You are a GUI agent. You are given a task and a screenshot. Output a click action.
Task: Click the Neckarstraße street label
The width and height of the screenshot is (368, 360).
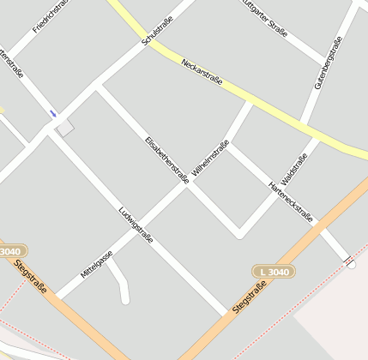[x=202, y=72]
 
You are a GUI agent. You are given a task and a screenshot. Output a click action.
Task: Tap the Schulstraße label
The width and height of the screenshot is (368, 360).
[x=157, y=30]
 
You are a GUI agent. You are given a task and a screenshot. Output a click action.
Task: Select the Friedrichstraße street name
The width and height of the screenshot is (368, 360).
[x=50, y=17]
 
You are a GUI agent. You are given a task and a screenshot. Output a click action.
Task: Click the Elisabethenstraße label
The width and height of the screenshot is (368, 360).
[x=166, y=159]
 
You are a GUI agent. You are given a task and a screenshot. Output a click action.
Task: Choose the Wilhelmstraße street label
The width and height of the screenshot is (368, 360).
[x=211, y=159]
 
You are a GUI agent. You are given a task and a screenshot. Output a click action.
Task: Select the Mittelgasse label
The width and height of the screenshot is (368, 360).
[x=96, y=263]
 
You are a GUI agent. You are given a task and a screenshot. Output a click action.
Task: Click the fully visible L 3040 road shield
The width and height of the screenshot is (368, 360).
[x=274, y=272]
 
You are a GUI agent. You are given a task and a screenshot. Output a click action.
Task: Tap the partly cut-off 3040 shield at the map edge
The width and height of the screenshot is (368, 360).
[x=10, y=251]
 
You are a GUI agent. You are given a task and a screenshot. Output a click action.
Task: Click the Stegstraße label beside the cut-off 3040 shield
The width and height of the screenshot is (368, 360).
[x=32, y=278]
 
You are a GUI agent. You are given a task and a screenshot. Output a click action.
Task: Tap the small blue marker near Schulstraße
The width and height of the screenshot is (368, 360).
[x=53, y=113]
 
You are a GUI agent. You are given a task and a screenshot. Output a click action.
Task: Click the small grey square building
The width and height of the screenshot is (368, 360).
[x=65, y=128]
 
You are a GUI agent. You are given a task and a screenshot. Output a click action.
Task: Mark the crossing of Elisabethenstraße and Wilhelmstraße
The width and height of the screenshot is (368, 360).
[x=189, y=185]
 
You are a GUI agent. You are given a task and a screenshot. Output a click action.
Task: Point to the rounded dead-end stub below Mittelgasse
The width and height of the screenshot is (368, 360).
[x=124, y=298]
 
